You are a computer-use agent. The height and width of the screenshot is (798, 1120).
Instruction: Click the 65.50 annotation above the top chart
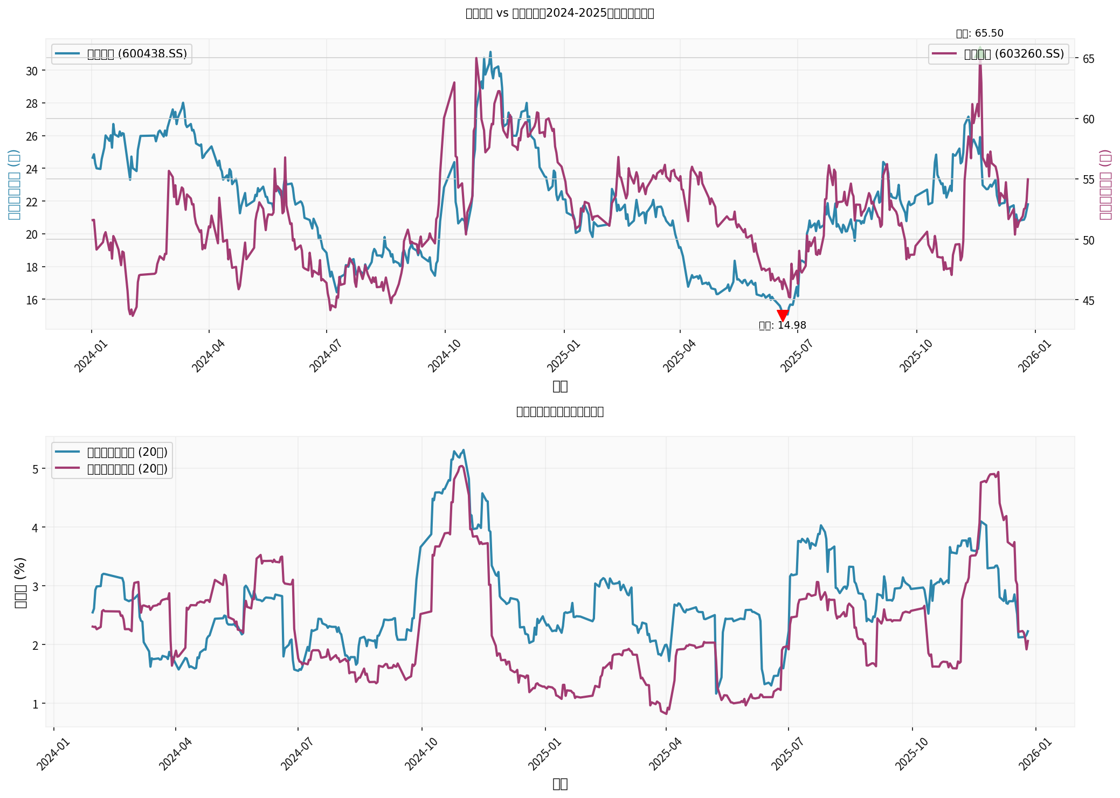click(x=979, y=33)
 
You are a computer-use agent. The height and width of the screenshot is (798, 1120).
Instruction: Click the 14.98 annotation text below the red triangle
click(x=783, y=325)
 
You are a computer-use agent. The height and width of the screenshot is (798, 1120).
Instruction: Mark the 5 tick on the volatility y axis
click(x=34, y=469)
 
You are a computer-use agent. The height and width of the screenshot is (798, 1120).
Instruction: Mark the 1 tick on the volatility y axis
click(x=34, y=704)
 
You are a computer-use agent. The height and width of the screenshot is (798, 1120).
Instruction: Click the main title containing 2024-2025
click(x=559, y=13)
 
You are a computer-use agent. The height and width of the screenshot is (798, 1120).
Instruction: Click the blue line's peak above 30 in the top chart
click(x=490, y=52)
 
